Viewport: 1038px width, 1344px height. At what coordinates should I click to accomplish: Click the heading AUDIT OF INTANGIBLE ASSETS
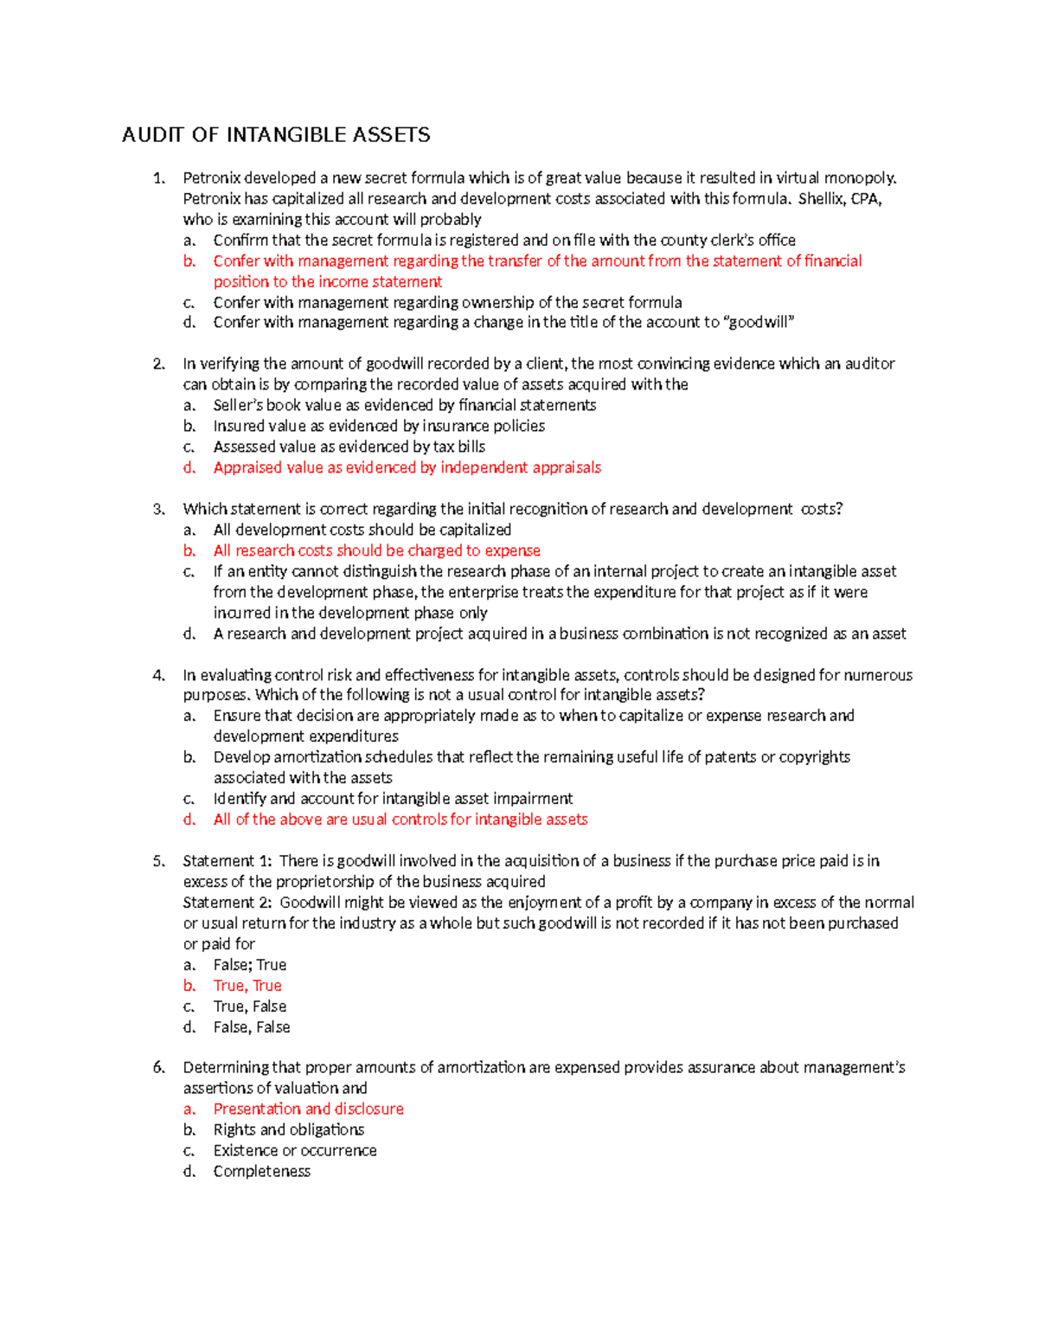coord(276,135)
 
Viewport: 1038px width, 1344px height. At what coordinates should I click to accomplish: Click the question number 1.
coord(158,178)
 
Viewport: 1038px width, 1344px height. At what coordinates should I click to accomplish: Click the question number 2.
coord(158,364)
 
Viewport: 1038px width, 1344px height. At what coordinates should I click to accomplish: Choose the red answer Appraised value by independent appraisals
coord(407,468)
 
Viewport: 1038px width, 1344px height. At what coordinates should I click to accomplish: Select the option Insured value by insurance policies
coord(379,427)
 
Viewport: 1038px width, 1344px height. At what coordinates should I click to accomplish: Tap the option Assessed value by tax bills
coord(349,447)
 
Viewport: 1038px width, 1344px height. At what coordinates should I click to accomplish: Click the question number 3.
coord(158,510)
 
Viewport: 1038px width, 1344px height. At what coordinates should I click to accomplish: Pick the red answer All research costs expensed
coord(376,551)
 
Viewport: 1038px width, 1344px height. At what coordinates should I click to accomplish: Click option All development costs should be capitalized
coord(362,531)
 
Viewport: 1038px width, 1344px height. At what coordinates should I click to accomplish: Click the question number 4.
coord(158,676)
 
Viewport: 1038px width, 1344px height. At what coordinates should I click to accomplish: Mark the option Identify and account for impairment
coord(393,799)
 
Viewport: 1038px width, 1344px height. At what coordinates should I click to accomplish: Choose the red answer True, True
coord(247,986)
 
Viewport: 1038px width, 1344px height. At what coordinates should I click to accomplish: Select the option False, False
coord(252,1027)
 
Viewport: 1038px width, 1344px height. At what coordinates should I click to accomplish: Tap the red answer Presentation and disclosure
coord(308,1109)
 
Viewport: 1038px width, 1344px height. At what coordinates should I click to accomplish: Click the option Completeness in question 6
coord(261,1172)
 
